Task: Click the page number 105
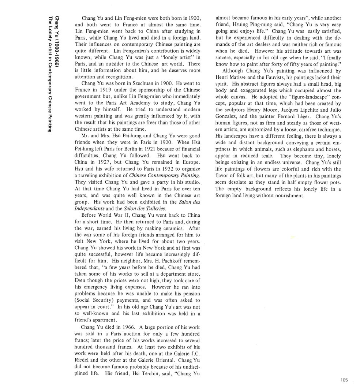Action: coord(344,380)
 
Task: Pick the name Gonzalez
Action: coord(228,116)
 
